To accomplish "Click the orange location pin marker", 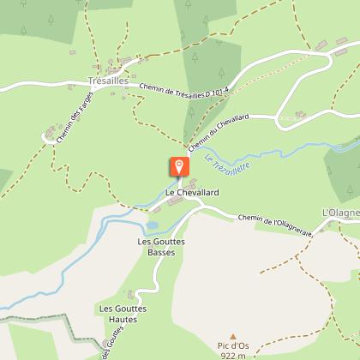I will [179, 166].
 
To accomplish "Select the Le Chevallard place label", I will [186, 193].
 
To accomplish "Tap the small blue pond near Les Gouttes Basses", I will [153, 225].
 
